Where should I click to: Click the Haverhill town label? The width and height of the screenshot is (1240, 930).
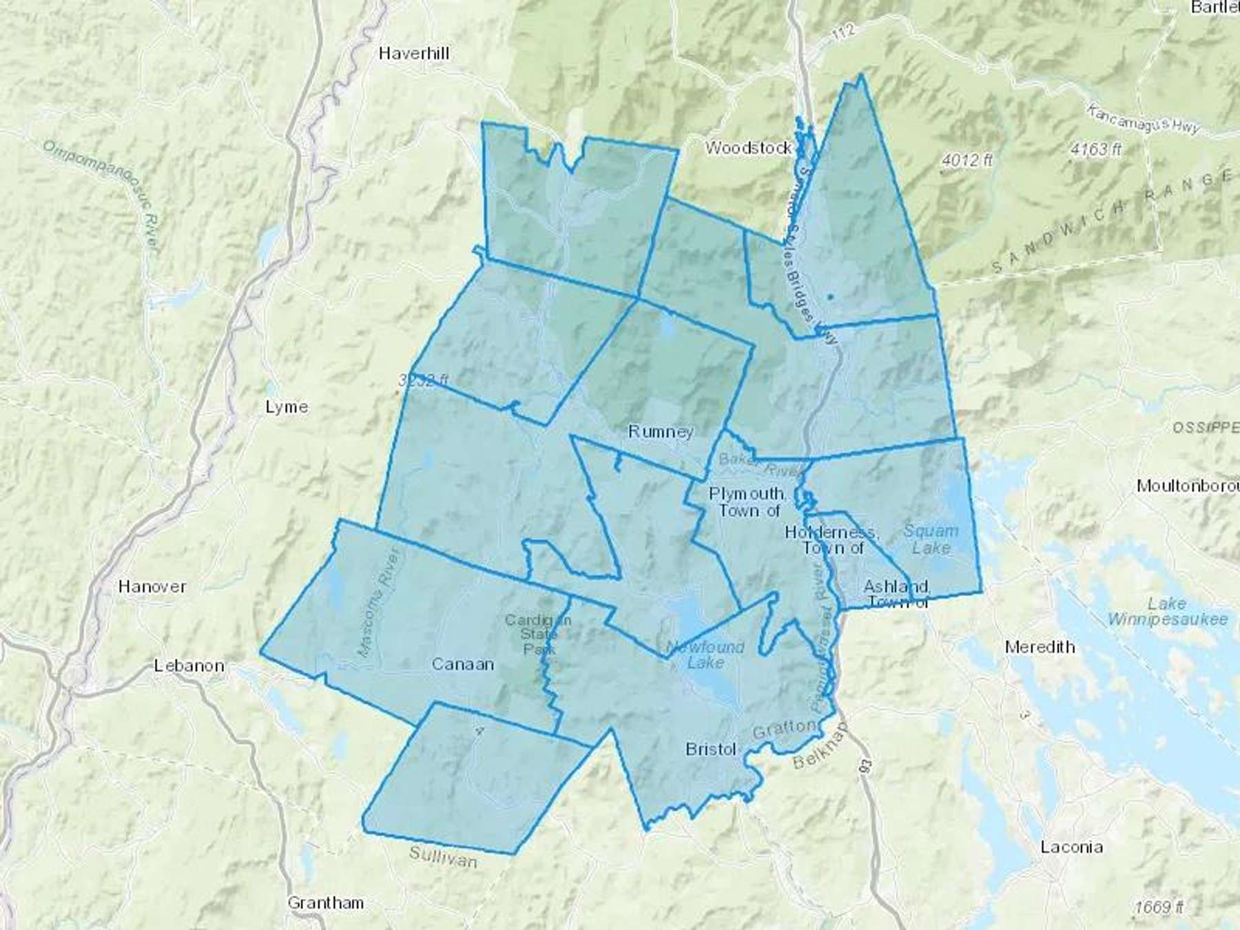tap(414, 53)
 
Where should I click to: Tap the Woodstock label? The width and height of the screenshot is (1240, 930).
tap(748, 147)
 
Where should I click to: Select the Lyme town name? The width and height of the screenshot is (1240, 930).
tap(287, 407)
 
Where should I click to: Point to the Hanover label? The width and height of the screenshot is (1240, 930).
tap(152, 586)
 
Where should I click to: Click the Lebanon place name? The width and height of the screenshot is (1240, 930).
tap(189, 666)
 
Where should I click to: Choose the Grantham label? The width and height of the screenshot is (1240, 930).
tap(325, 902)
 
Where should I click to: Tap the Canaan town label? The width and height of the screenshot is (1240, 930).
tap(463, 664)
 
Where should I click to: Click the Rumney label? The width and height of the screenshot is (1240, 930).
tap(661, 432)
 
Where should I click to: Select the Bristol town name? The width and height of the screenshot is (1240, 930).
tap(711, 749)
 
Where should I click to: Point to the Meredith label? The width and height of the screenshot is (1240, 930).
tap(1040, 647)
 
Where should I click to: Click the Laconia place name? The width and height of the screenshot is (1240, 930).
tap(1071, 847)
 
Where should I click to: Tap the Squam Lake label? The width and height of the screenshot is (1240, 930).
tap(931, 539)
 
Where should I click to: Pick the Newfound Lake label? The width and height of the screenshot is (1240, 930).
tap(705, 654)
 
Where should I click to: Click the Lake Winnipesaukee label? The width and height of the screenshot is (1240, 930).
tap(1167, 612)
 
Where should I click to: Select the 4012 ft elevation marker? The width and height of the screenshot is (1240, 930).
tap(967, 161)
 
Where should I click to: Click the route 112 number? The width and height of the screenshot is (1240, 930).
tap(845, 32)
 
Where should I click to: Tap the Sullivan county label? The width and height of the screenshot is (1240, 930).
tap(443, 857)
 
